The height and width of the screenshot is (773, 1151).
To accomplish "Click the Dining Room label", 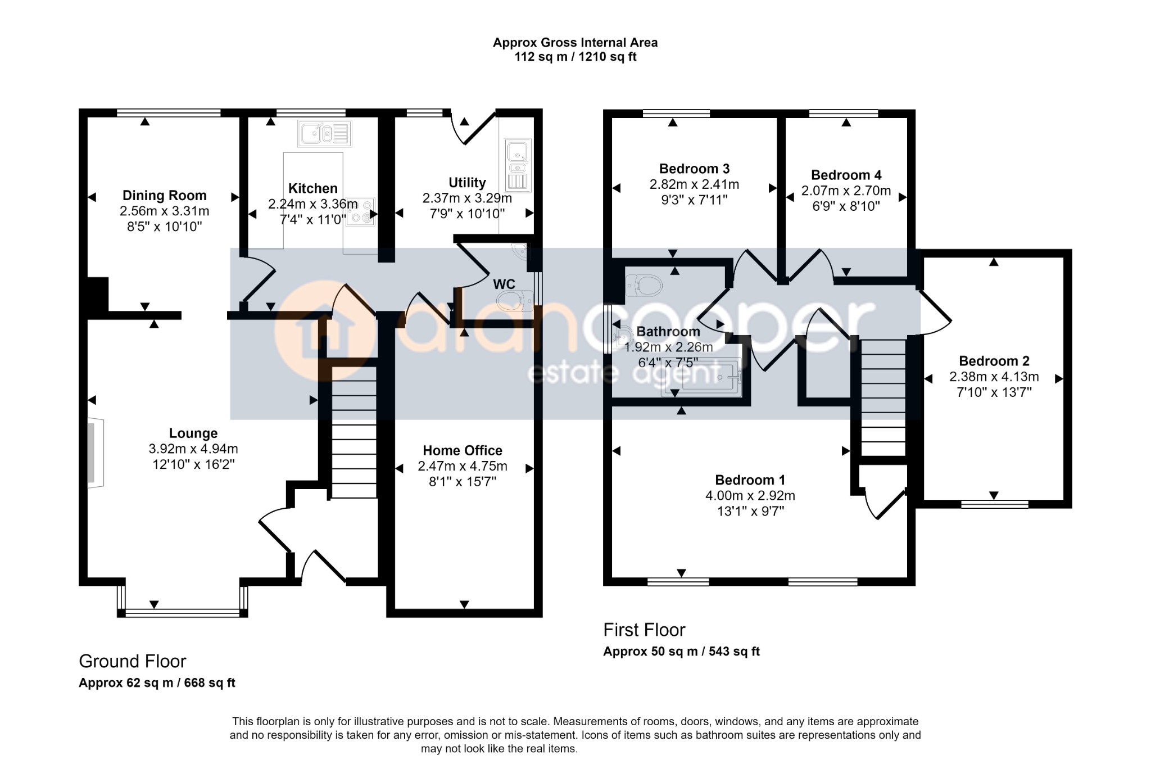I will click(165, 195).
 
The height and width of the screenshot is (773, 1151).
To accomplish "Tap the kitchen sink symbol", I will click(325, 134).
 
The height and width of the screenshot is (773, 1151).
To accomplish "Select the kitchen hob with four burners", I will click(360, 211).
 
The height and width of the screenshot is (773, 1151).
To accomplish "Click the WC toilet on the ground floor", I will click(516, 300).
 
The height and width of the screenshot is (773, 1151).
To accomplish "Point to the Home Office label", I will click(463, 450).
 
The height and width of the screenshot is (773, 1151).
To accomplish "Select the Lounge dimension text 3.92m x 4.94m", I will click(193, 449).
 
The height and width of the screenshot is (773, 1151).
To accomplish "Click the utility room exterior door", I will click(475, 129).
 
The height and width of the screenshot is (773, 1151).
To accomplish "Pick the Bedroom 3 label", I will click(694, 169).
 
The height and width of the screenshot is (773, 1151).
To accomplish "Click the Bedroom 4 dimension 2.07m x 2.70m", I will click(846, 191).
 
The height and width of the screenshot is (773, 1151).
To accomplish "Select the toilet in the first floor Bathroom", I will click(644, 285).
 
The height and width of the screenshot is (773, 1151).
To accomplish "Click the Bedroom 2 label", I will click(994, 361).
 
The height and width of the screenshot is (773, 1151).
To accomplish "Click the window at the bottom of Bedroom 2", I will click(994, 504).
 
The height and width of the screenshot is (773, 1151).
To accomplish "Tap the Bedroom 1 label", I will click(750, 480).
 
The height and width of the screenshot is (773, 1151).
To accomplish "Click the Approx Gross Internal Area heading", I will click(575, 43).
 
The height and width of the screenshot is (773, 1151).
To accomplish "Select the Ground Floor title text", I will click(132, 661).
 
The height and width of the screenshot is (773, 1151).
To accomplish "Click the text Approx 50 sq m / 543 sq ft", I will click(681, 652).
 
